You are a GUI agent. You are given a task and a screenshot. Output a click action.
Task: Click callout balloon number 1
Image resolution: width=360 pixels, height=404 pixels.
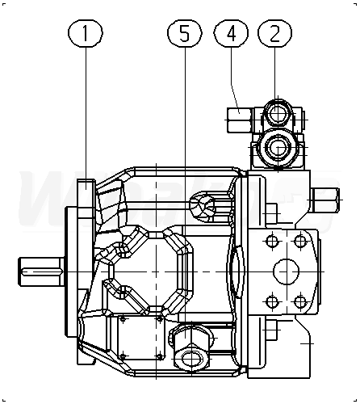86,33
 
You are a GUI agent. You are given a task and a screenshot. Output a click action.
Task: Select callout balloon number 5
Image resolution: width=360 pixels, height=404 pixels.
185,33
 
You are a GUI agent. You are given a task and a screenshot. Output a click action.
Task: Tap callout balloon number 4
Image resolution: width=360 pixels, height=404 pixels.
231,33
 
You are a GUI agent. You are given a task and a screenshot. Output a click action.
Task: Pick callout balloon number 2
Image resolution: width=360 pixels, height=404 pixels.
274,33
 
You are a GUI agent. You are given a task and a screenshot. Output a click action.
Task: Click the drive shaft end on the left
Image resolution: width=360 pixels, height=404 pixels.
41,271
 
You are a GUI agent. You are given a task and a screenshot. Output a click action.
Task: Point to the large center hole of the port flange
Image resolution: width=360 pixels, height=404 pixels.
287,271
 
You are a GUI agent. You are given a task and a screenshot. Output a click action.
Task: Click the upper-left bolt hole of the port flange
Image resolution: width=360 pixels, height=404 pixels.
272,241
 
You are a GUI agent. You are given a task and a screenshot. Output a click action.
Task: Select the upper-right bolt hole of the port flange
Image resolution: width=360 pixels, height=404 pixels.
300,241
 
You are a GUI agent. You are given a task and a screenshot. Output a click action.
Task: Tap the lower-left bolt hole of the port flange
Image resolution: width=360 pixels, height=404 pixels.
272,301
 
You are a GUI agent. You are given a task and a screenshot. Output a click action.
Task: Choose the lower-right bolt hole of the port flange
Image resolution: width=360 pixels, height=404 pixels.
300,301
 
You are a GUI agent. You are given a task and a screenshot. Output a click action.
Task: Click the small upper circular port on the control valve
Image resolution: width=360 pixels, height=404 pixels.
277,114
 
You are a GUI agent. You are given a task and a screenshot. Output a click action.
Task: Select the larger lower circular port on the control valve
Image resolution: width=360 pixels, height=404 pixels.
278,148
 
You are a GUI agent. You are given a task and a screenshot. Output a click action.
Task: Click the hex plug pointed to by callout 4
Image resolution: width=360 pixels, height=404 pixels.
240,120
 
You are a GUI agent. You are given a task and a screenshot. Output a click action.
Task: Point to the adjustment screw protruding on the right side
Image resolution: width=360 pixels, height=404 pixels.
325,200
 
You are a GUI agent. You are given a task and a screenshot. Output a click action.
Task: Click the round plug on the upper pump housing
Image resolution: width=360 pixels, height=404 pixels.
203,207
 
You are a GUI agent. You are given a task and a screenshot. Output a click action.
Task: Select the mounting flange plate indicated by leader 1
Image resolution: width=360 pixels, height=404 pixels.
86,272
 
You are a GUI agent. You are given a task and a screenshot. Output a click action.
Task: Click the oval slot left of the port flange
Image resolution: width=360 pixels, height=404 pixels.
237,272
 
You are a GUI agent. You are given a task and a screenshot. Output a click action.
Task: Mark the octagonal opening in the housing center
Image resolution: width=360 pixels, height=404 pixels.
156,271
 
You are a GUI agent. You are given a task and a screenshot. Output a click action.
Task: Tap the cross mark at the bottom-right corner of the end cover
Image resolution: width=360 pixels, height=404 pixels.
308,343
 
